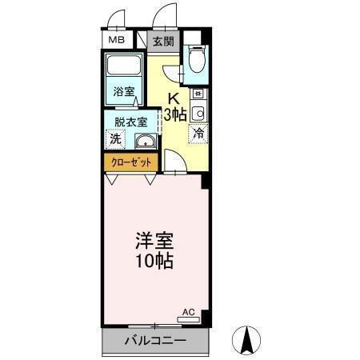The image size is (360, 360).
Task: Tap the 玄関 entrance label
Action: coord(163,40)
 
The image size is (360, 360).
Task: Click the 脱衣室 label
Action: coord(130,122)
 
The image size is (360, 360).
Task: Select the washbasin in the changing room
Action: coord(145,142)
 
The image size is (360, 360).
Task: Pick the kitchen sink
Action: coord(198,112)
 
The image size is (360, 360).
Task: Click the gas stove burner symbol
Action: coord(197,94)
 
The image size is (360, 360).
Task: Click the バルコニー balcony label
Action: coord(155,342)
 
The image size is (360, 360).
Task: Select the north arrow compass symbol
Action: coord(247,339)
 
